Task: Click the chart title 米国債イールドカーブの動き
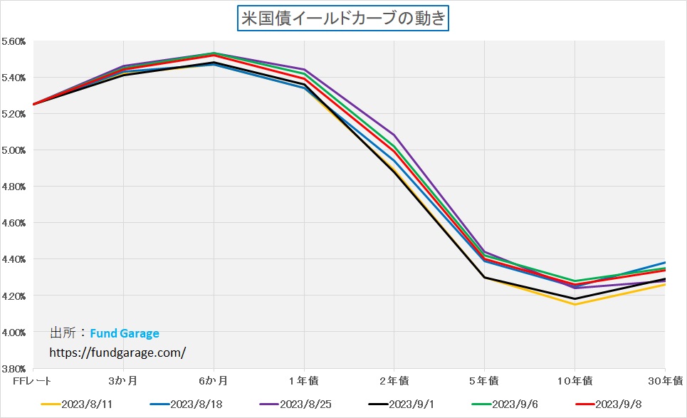click(x=343, y=17)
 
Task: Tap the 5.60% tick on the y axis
click(x=14, y=41)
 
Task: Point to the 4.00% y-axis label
click(x=14, y=333)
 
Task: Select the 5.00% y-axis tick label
click(x=14, y=150)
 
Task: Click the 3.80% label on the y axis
click(x=14, y=369)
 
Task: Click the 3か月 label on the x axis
click(x=124, y=380)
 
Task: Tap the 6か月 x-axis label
click(x=214, y=380)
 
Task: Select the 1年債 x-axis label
click(x=305, y=380)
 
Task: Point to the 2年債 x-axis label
click(x=394, y=380)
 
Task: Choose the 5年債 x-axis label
click(x=485, y=380)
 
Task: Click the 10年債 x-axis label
click(x=575, y=380)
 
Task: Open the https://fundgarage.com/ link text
click(x=117, y=352)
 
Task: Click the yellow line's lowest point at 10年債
click(x=575, y=305)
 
